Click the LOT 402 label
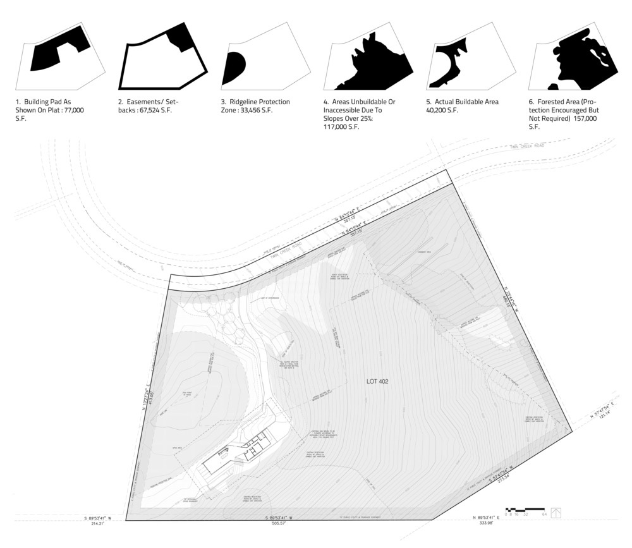[x=379, y=382]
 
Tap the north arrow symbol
[x=556, y=512]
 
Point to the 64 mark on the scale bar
[x=544, y=515]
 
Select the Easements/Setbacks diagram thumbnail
[x=163, y=56]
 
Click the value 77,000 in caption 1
[x=74, y=110]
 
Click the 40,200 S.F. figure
[x=442, y=110]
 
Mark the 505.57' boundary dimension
[x=279, y=524]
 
